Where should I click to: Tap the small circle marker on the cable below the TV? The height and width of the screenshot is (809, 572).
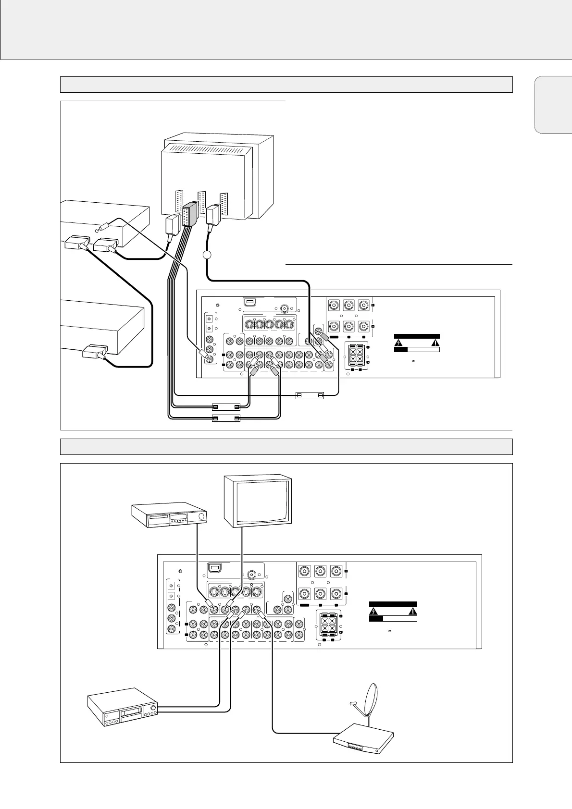pyautogui.click(x=207, y=256)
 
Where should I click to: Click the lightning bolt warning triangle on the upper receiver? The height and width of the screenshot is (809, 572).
pyautogui.click(x=399, y=343)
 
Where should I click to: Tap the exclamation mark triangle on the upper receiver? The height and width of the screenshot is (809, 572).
pyautogui.click(x=435, y=343)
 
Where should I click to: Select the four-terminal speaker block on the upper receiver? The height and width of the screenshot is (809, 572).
pyautogui.click(x=356, y=355)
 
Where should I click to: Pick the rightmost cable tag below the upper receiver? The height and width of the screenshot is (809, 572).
pyautogui.click(x=309, y=395)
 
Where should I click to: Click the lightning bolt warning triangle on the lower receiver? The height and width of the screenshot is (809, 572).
pyautogui.click(x=373, y=612)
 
